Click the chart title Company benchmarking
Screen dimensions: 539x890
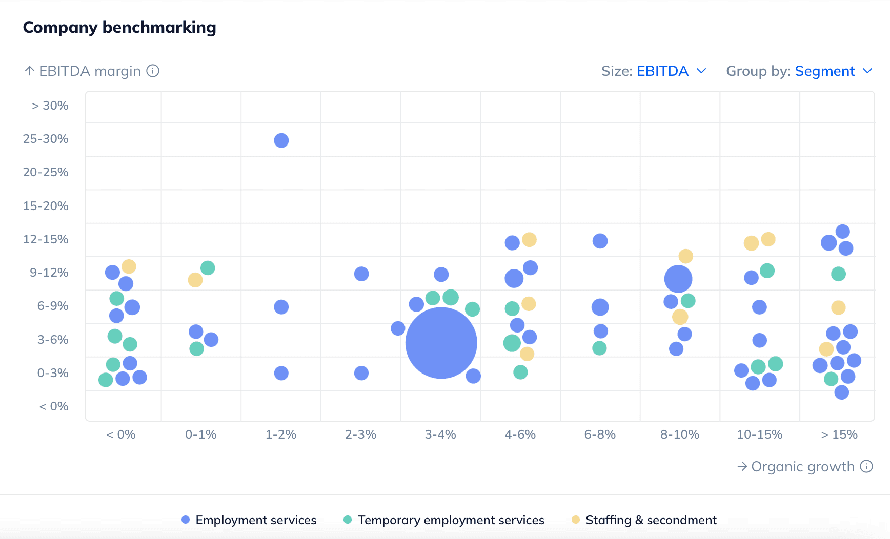pos(119,27)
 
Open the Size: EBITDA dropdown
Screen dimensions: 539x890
pos(654,71)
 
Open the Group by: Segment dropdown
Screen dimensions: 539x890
pos(799,71)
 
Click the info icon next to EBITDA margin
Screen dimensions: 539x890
pos(153,71)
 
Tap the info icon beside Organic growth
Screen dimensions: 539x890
pos(866,466)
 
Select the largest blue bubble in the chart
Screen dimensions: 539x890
pos(441,343)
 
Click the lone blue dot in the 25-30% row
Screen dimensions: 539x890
pos(281,140)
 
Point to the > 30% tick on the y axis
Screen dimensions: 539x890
pos(50,106)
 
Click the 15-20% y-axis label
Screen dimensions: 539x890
pos(46,206)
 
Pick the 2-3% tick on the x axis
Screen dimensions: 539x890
pos(360,434)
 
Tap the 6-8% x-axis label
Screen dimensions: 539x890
pos(600,434)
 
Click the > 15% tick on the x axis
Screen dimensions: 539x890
pos(839,434)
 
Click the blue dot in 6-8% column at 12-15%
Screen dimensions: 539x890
pos(600,241)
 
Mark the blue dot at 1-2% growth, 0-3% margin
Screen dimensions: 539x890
pos(281,373)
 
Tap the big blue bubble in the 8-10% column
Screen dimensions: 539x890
pos(678,279)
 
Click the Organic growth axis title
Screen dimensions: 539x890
pos(802,467)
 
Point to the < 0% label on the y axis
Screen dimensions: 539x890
pos(54,406)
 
